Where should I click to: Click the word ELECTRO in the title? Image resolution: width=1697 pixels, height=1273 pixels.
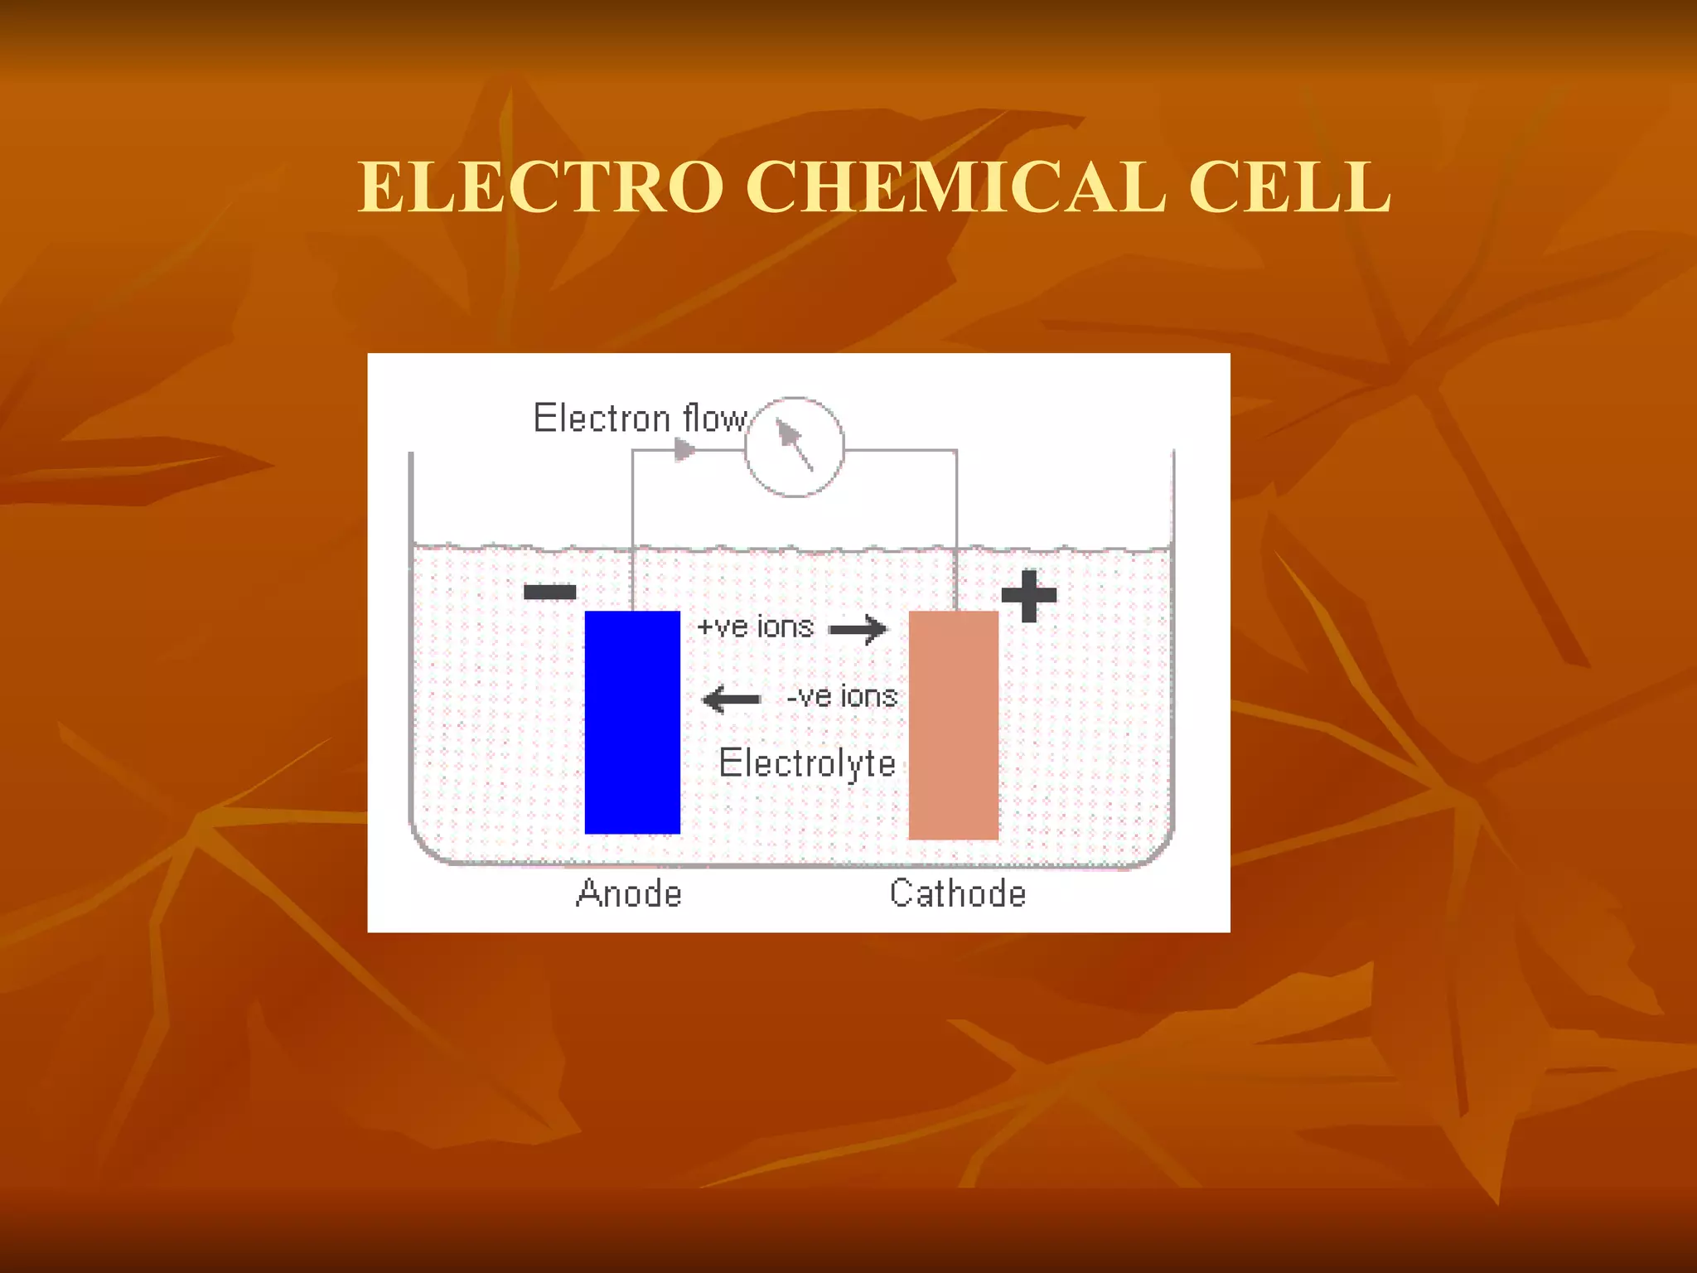[540, 187]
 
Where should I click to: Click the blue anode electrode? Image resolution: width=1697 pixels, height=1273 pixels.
[632, 722]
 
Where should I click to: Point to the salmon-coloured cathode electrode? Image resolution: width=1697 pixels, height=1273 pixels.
[953, 725]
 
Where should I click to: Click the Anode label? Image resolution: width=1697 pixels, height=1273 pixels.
[629, 893]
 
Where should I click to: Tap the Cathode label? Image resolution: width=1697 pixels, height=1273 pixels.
[958, 893]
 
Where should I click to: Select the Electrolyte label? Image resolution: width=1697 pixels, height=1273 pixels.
[807, 763]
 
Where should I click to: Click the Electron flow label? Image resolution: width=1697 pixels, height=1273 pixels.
[640, 419]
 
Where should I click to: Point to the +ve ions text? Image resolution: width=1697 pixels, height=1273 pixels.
[756, 627]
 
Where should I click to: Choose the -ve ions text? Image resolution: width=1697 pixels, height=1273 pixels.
[842, 696]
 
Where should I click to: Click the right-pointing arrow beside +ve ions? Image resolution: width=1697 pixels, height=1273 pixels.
[858, 630]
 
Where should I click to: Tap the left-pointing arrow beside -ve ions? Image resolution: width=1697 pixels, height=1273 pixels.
[731, 699]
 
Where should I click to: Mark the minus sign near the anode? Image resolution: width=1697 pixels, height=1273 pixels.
[550, 592]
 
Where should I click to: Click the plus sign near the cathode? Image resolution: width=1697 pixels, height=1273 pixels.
[1029, 595]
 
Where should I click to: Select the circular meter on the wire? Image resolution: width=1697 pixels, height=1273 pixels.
[794, 448]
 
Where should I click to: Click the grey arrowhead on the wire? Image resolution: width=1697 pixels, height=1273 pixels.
[684, 450]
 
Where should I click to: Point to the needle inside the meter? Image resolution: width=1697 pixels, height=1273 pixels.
[793, 443]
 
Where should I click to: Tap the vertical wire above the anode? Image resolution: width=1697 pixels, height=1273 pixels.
[632, 530]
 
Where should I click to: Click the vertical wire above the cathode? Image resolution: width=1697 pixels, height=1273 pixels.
[957, 530]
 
